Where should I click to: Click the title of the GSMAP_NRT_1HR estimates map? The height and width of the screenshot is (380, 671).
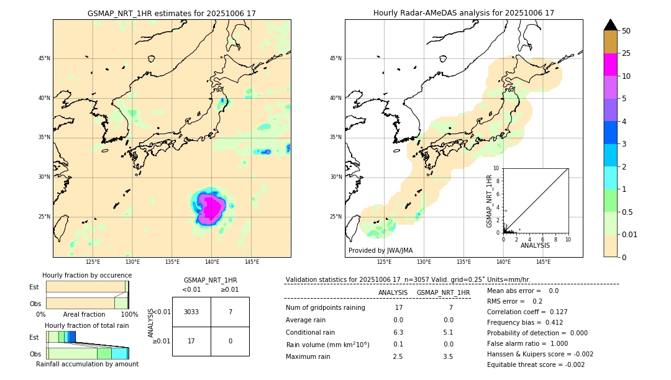171,13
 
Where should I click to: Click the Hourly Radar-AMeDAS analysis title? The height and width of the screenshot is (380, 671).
463,13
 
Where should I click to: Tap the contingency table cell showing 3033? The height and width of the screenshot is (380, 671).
191,312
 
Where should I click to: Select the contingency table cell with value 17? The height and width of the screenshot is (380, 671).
191,341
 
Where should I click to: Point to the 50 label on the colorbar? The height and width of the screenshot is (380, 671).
626,31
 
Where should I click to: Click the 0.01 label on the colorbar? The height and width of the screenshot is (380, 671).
630,234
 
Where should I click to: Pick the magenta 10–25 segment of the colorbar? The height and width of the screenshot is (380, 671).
611,65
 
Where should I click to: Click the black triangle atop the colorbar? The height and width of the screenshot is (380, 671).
611,25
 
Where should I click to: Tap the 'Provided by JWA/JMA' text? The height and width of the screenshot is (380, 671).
380,250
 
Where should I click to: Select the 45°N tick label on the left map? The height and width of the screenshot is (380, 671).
44,58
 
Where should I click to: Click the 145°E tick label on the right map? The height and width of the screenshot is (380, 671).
543,262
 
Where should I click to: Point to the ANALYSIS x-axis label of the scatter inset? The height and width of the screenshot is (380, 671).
535,245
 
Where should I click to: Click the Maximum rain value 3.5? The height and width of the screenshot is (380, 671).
448,356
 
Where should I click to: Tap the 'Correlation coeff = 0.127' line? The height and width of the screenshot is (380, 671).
527,312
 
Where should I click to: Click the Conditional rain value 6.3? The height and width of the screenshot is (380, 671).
398,332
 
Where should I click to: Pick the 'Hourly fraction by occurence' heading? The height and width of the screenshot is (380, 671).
87,275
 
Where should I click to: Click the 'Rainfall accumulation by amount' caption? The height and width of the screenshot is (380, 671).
87,364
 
